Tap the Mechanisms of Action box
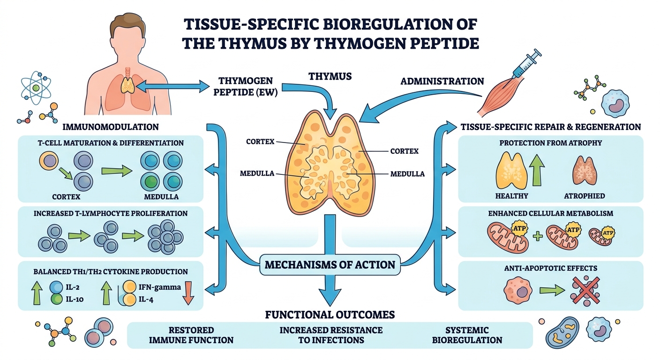[x=330, y=265]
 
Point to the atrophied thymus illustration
[x=585, y=172]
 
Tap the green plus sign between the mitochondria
[x=538, y=236]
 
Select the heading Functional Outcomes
[x=330, y=314]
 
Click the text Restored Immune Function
[x=191, y=335]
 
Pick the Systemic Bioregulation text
[x=467, y=335]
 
